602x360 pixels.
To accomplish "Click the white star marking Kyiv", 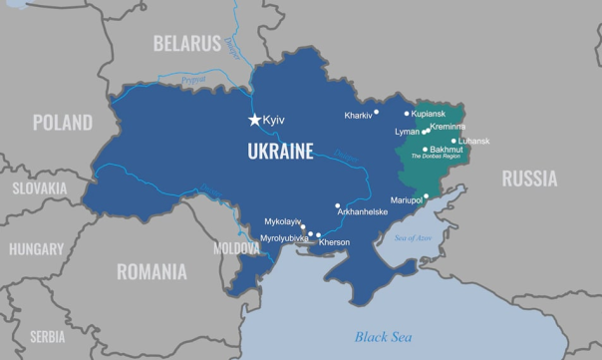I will [255, 121].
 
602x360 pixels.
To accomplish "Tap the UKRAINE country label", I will [280, 152].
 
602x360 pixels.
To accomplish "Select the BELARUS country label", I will [186, 43].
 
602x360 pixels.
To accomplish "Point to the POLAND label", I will [62, 123].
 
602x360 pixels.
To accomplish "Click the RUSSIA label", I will [529, 179].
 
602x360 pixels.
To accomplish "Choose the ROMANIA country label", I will [151, 271].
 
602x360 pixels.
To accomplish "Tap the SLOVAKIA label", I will [40, 187].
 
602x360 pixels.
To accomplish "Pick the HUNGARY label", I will [36, 249].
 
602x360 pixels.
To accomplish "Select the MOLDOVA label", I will [236, 247].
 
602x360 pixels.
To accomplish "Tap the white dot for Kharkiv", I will [380, 115].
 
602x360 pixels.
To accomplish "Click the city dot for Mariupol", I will [427, 196].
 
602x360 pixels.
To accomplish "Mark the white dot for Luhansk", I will [453, 141].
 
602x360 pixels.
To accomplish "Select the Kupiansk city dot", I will [407, 114].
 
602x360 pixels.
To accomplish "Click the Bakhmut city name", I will [446, 149].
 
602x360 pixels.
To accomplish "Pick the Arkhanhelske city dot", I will [338, 205].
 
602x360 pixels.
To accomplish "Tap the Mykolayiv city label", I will [282, 220].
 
